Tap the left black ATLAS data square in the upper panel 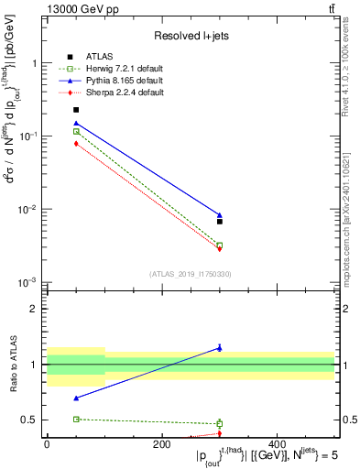point(76,110)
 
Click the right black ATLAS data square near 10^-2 point(220,221)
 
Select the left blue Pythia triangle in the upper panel point(76,123)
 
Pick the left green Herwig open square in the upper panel point(76,132)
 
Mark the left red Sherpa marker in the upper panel point(76,143)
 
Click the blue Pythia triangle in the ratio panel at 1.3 point(220,347)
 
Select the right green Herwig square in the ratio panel point(220,424)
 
